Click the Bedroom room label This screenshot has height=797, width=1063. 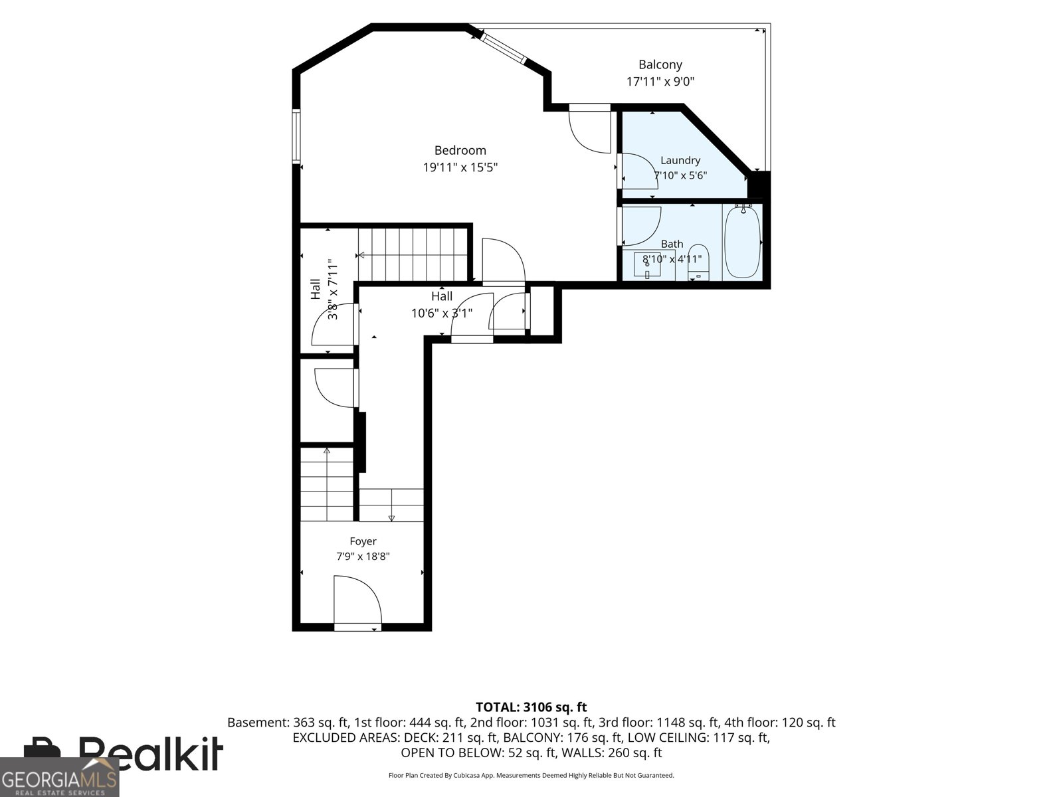[x=460, y=151]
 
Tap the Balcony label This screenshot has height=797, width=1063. [x=660, y=64]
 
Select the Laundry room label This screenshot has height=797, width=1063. [x=680, y=160]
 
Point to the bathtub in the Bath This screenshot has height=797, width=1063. [x=742, y=242]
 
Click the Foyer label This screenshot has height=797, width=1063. [x=363, y=541]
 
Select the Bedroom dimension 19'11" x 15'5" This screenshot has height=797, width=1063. [x=460, y=167]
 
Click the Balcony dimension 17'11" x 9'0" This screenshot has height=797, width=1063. [x=660, y=81]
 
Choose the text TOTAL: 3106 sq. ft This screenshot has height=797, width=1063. [x=531, y=707]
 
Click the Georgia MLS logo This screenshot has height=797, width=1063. [x=60, y=777]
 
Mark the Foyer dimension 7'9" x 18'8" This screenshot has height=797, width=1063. [x=363, y=557]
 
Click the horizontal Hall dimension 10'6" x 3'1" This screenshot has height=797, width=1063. [x=442, y=313]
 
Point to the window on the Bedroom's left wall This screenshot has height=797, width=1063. [x=296, y=136]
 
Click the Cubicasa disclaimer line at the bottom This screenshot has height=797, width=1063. [x=531, y=775]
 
